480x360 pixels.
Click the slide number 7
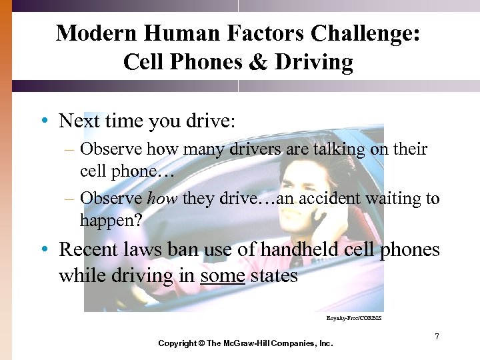click(437, 337)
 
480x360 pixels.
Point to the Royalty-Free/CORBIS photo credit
click(353, 319)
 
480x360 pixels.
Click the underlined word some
click(223, 275)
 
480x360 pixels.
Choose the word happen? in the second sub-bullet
click(111, 219)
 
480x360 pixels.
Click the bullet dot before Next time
click(44, 121)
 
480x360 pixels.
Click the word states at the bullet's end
click(275, 275)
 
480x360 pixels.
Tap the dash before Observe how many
click(69, 149)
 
